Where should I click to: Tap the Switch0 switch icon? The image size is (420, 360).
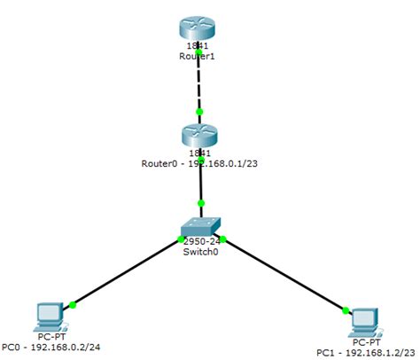[x=202, y=226]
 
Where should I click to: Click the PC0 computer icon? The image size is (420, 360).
[x=50, y=316]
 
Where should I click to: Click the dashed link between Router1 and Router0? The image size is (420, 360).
[x=199, y=89]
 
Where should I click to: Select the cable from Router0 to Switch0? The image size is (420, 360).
[x=201, y=186]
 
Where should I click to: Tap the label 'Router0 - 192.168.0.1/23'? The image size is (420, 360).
[x=199, y=163]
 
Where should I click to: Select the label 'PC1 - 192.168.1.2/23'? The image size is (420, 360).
[x=364, y=352]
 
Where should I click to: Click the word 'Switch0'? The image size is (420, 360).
[x=202, y=253]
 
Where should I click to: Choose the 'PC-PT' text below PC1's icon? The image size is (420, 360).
[x=366, y=341]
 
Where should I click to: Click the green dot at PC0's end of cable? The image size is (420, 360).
[x=73, y=305]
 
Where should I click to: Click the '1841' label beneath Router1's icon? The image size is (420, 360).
[x=199, y=44]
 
